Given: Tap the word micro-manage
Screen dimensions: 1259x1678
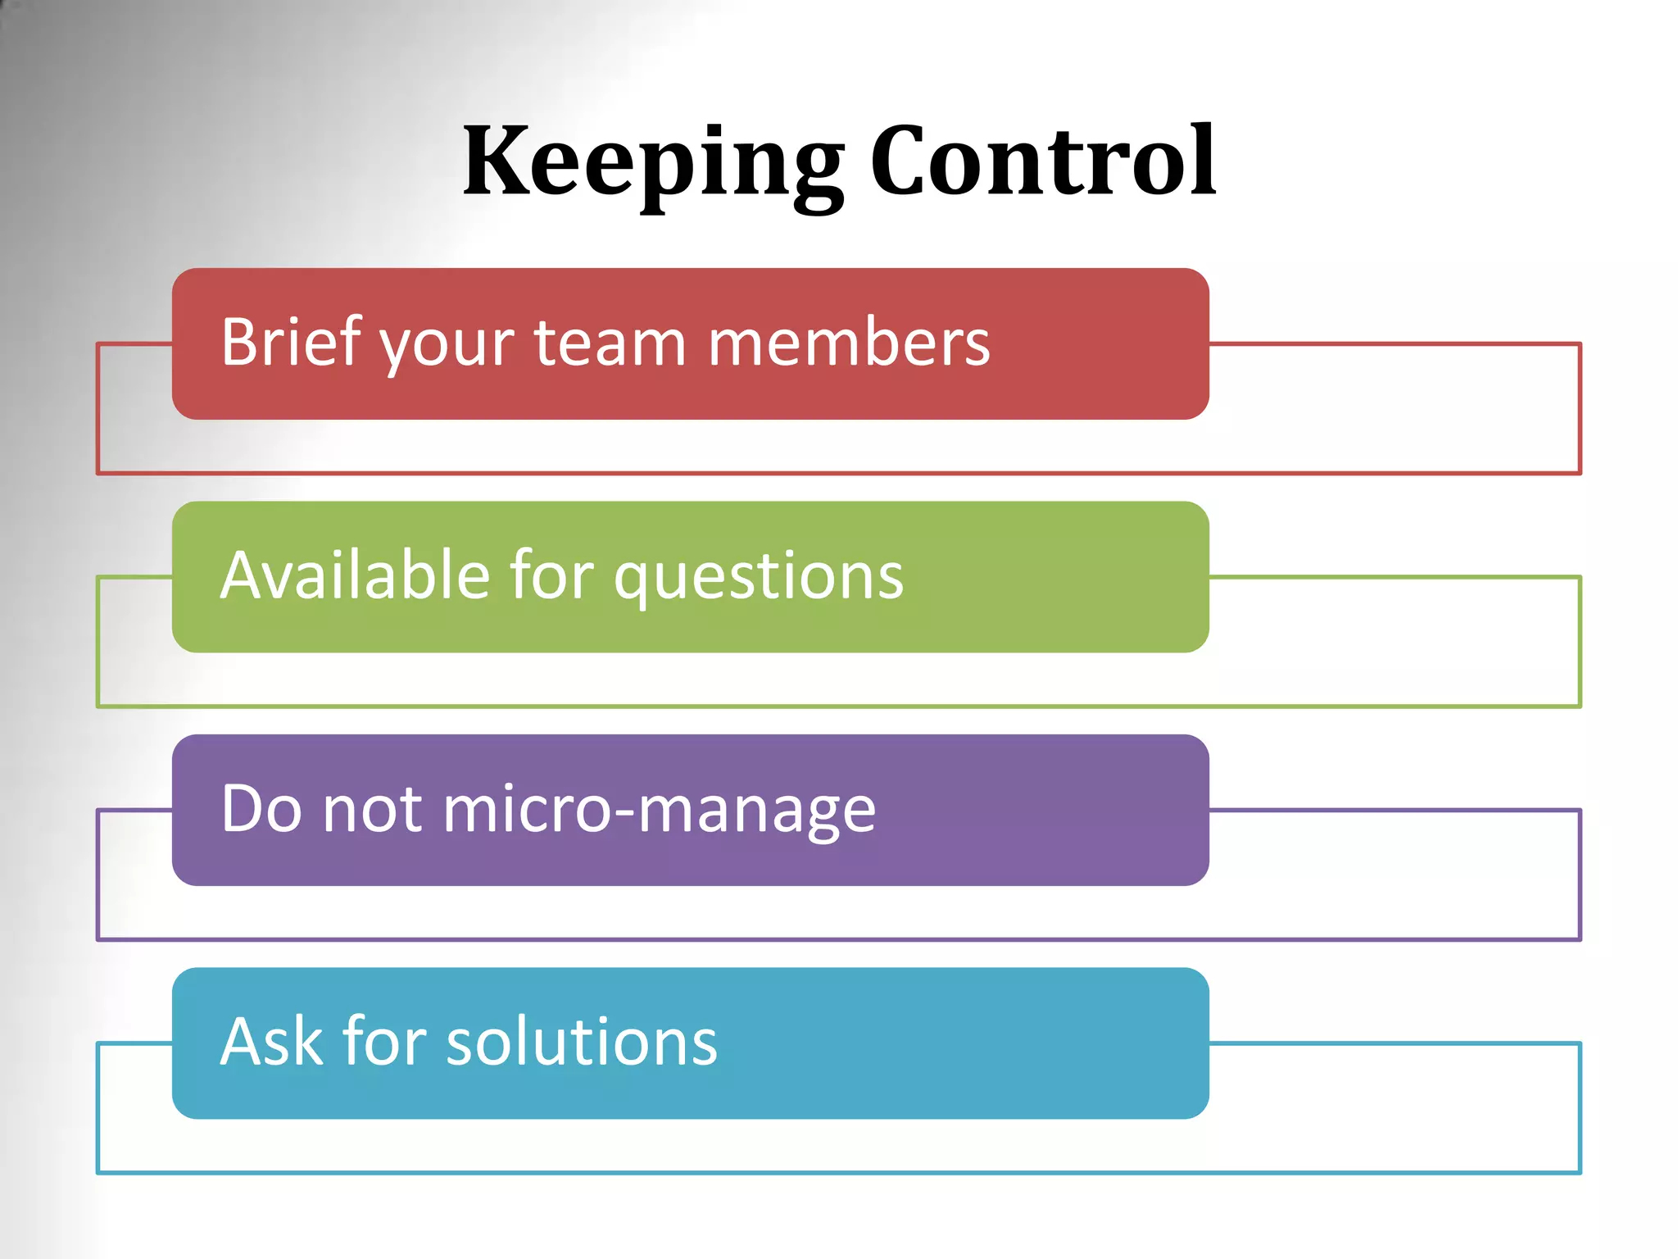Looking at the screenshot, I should click(x=659, y=810).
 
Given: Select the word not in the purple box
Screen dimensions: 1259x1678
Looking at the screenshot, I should click(x=373, y=810).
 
